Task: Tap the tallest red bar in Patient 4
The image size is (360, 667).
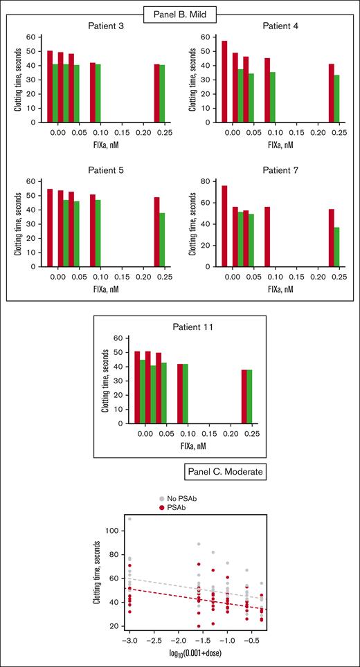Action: [224, 81]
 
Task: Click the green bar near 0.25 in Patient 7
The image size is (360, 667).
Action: [337, 246]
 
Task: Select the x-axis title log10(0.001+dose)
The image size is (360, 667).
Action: [201, 655]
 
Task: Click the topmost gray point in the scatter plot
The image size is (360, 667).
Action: [129, 519]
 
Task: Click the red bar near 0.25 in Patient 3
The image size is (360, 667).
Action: [157, 93]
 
